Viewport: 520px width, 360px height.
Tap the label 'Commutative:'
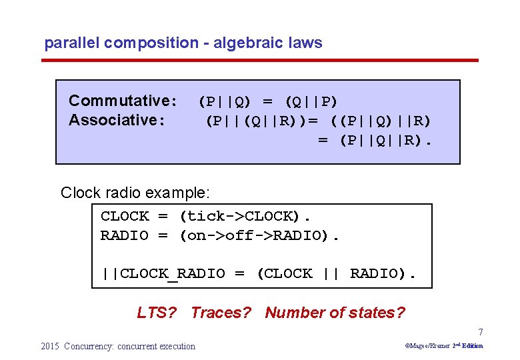tap(123, 101)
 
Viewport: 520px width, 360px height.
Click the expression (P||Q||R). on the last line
tap(386, 141)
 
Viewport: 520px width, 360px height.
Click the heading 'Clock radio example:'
tap(135, 193)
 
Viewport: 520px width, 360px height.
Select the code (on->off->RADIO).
tap(259, 235)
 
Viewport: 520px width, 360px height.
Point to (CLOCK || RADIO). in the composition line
tap(337, 274)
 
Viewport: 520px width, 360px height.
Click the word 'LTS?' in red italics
tap(157, 313)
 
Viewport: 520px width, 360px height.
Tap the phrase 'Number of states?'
tap(335, 313)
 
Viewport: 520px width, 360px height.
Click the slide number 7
tap(480, 332)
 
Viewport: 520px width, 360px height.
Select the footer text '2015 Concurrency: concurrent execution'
tap(118, 346)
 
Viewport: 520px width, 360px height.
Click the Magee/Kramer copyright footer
tap(443, 346)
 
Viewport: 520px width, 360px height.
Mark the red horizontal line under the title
tap(260, 61)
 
